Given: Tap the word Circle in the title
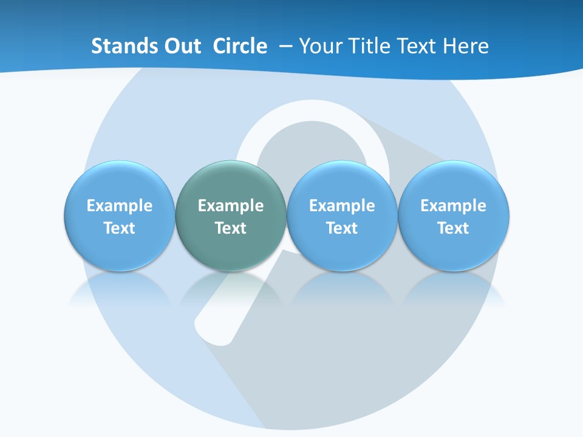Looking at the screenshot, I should (240, 46).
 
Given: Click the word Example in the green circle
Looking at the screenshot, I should (231, 206).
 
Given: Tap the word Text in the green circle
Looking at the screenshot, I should (231, 228).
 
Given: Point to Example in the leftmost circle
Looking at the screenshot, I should (119, 206).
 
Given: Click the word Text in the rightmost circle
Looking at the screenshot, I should (453, 228).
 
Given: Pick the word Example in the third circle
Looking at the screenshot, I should (342, 206).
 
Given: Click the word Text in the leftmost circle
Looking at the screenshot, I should (119, 228).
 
